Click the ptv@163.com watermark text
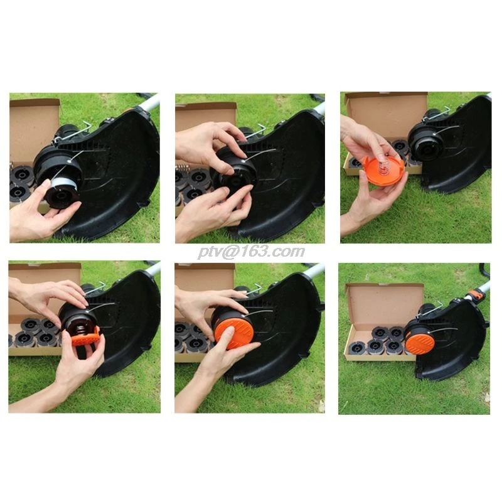[x=251, y=252]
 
